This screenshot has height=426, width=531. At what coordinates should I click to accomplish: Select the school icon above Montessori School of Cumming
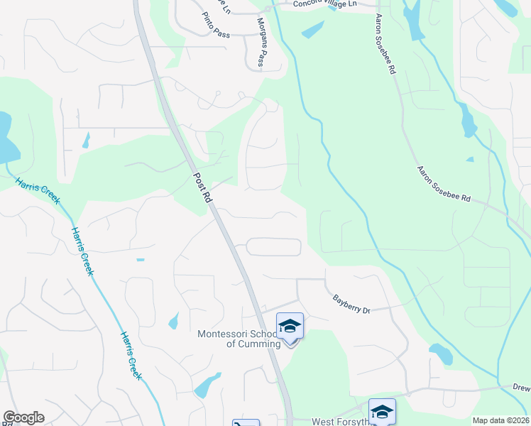[290, 327]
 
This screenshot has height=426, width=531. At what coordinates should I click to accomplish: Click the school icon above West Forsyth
[382, 412]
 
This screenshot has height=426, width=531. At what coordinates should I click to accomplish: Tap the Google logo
[23, 417]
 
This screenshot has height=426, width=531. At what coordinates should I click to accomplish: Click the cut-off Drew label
[522, 388]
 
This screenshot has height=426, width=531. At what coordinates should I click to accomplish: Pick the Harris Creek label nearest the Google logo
[131, 355]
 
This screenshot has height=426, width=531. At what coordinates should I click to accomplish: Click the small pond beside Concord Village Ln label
[312, 30]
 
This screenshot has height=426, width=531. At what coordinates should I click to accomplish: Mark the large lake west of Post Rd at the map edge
[6, 138]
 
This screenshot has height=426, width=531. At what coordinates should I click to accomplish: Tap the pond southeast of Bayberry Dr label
[440, 353]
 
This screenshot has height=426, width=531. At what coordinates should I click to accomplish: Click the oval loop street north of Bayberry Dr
[274, 247]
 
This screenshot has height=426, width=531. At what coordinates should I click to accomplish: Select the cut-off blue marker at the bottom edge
[246, 423]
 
